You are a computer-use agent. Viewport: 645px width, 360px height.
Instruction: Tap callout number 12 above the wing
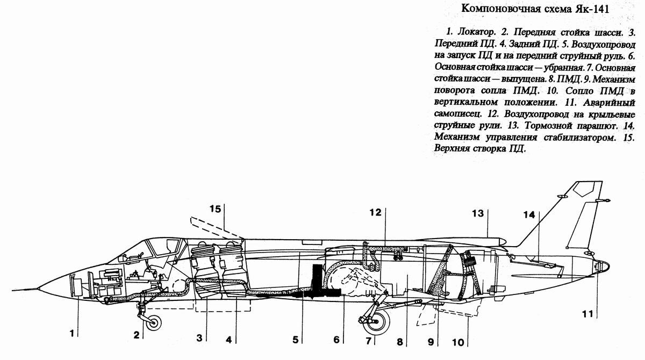coord(375,212)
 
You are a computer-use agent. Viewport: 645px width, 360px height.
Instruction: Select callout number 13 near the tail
coord(478,213)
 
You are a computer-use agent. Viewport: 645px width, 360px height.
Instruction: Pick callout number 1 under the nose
coord(71,333)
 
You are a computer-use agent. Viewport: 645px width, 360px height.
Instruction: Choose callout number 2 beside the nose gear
coord(137,335)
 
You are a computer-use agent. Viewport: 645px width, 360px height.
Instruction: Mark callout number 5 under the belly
coord(295,339)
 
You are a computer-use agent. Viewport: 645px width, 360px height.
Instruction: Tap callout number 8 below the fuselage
coord(399,340)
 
